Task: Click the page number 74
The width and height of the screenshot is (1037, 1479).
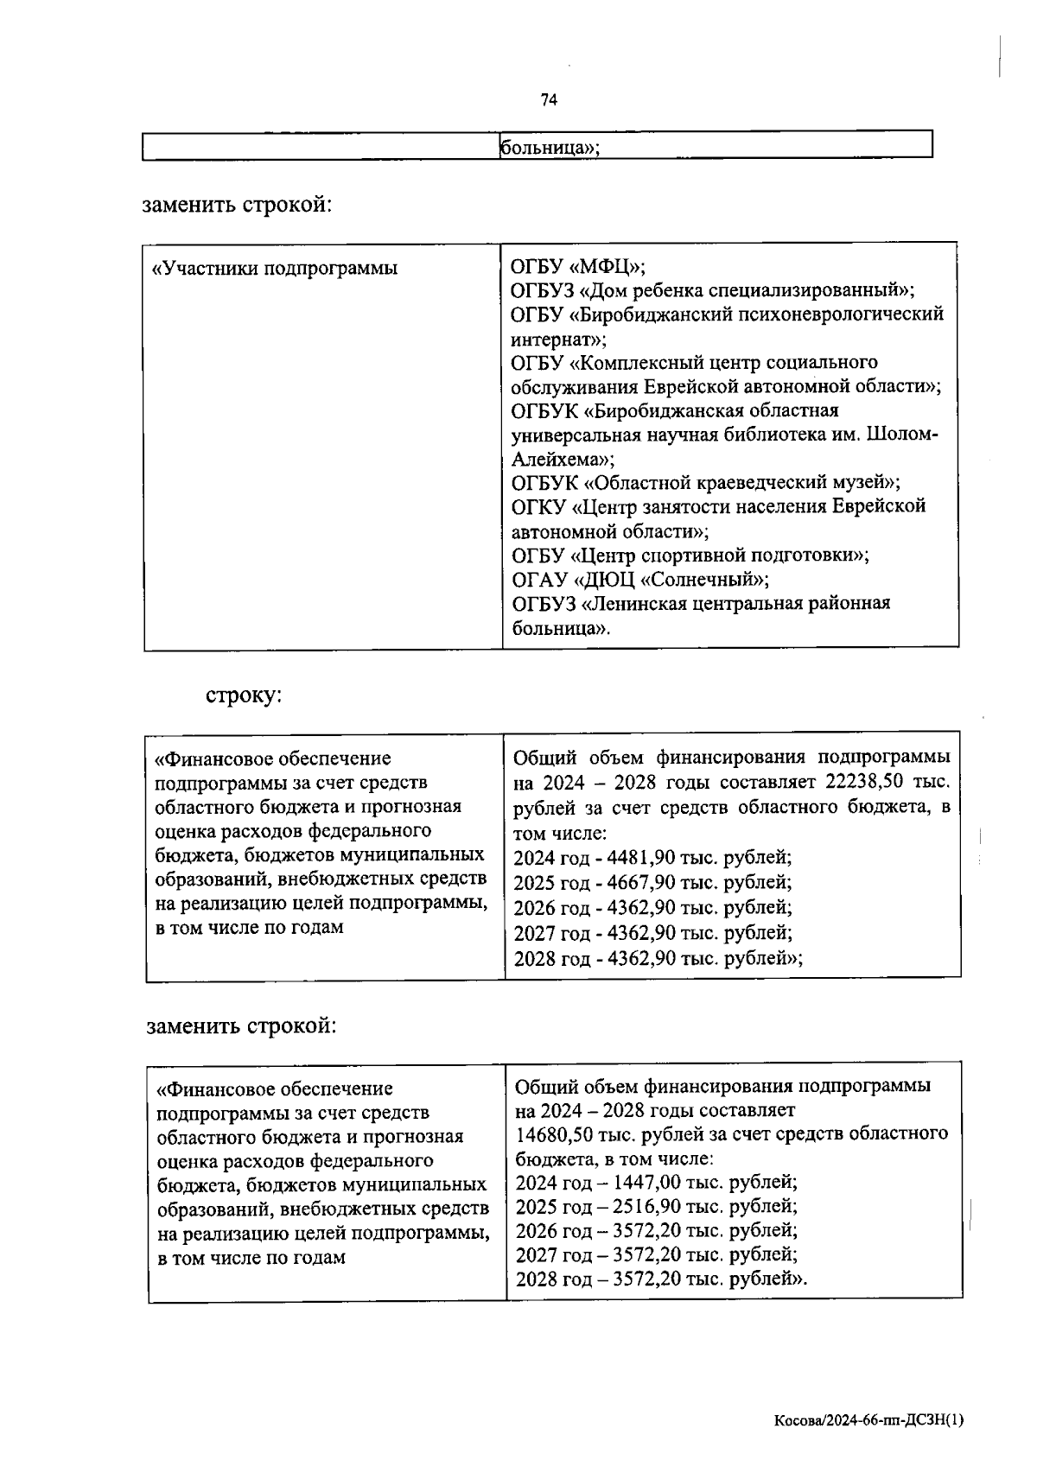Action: coord(549,100)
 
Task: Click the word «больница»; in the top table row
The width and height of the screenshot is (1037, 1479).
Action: coord(550,148)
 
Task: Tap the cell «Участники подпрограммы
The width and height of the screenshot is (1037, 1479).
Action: coord(276,268)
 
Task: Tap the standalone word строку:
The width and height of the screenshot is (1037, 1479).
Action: coord(244,695)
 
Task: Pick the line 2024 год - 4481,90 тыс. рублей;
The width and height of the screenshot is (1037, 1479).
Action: coord(652,858)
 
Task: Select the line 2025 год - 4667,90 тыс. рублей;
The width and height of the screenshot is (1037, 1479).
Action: coord(652,883)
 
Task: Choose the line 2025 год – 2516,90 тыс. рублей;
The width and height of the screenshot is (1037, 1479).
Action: coord(656,1206)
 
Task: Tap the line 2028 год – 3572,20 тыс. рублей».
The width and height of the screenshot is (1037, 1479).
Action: coord(661,1279)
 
